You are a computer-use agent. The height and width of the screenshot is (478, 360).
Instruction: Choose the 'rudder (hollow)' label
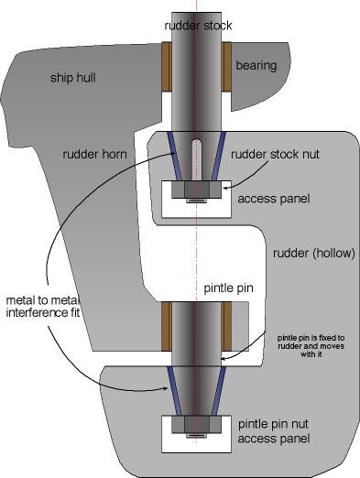click(311, 253)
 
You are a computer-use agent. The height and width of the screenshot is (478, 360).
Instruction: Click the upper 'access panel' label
click(272, 198)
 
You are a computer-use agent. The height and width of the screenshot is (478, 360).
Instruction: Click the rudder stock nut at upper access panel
click(196, 192)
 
